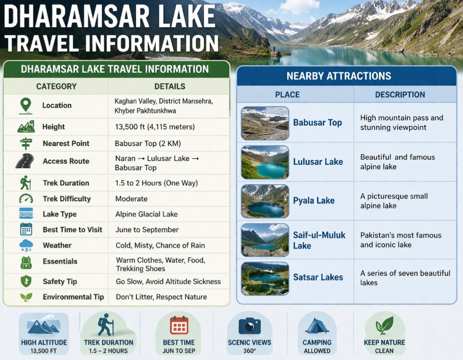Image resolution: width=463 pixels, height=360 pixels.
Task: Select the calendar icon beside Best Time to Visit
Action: click(26, 230)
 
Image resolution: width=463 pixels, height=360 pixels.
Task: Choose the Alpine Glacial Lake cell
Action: click(147, 214)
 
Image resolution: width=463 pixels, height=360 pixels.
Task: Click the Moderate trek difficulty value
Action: click(132, 199)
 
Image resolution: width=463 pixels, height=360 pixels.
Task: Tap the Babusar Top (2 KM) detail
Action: click(148, 143)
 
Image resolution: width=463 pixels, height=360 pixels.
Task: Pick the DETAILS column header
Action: click(170, 86)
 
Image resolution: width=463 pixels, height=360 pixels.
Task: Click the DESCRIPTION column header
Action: click(400, 95)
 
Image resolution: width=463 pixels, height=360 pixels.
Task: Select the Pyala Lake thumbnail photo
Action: click(264, 201)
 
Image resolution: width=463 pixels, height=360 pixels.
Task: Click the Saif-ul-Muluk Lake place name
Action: click(319, 240)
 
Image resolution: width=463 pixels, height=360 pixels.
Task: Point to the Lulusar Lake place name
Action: click(318, 161)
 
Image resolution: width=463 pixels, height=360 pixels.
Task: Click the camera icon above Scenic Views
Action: click(250, 326)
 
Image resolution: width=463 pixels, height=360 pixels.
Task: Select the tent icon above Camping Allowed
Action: click(317, 326)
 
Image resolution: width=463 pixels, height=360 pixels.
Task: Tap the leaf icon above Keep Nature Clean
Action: click(385, 326)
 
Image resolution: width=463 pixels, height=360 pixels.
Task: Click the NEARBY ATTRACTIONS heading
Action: click(346, 76)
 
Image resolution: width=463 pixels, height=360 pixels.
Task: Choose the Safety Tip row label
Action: click(60, 281)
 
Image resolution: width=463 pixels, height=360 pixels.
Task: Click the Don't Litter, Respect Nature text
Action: click(161, 297)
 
